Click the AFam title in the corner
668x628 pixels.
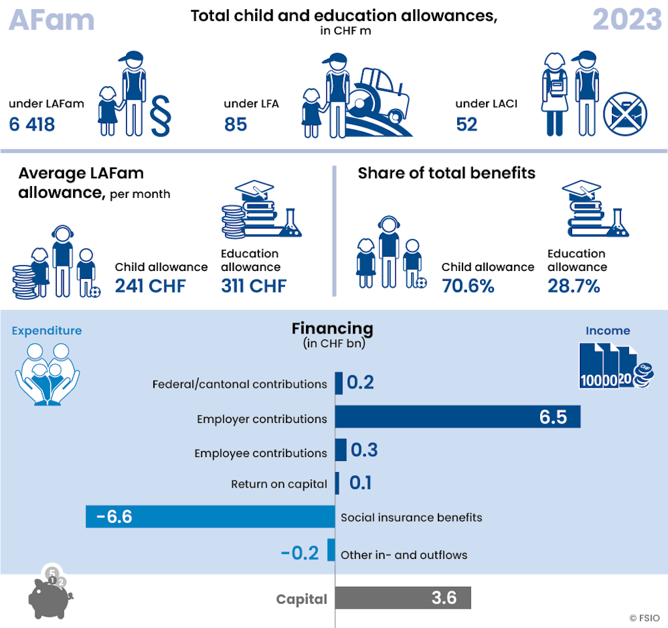pos(52,20)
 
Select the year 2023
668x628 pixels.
pos(626,20)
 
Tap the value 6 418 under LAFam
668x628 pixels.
pos(32,124)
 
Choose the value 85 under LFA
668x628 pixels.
pos(235,124)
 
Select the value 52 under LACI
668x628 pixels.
pos(467,124)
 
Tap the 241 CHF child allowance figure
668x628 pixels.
pos(150,286)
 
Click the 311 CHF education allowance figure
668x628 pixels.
pos(253,286)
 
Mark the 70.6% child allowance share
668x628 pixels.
pos(468,286)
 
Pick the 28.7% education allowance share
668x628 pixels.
pos(573,286)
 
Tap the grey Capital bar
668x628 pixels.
pos(403,597)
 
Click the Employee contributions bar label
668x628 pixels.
pos(260,453)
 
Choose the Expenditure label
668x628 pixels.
pos(47,330)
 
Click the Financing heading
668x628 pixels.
pos(333,328)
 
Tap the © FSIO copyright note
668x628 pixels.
pos(645,618)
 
